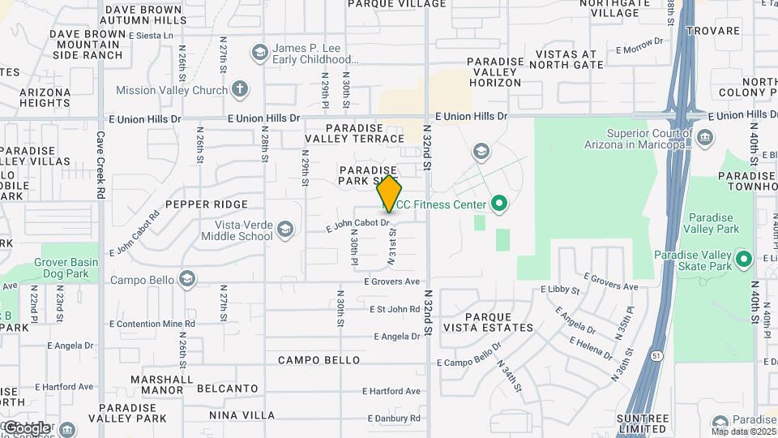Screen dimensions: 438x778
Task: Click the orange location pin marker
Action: (389, 195)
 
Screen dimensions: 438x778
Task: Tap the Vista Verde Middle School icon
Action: (284, 230)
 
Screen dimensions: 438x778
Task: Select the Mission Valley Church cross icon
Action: (240, 89)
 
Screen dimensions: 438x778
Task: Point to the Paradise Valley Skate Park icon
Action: (744, 260)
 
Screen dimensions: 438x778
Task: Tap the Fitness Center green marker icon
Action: (499, 205)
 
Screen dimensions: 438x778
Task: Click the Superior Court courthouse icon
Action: (705, 138)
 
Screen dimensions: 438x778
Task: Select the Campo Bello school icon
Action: (187, 280)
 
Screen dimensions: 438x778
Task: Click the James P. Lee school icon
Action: (259, 54)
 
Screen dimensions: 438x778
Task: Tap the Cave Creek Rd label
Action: (101, 165)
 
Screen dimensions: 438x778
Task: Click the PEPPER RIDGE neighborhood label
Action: (206, 204)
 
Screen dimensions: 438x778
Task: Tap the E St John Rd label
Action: (394, 309)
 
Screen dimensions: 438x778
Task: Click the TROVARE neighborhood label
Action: (712, 31)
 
